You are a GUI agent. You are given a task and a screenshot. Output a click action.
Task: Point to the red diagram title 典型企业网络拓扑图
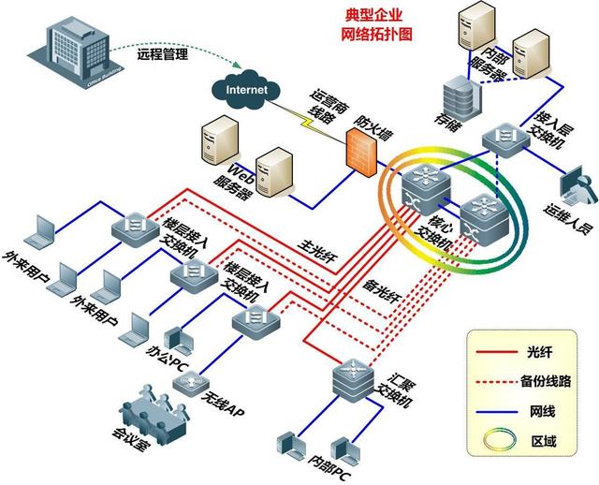click(x=376, y=25)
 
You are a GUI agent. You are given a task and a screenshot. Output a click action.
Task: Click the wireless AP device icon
click(x=193, y=384)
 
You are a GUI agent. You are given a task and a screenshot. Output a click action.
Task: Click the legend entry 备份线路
click(x=543, y=380)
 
